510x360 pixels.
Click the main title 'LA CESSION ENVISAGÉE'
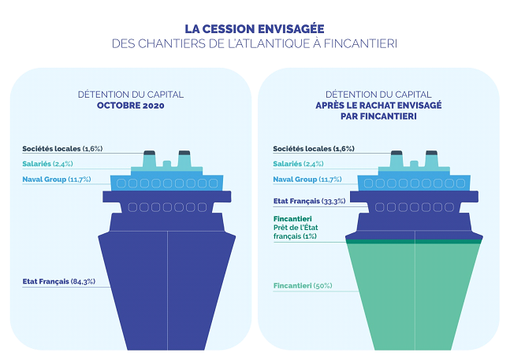[x=254, y=28]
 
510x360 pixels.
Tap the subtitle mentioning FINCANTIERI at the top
[x=254, y=44]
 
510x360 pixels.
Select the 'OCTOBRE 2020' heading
[x=130, y=105]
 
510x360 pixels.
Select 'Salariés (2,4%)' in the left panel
[x=47, y=164]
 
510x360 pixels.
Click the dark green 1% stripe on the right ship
[x=414, y=242]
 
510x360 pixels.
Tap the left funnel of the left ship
[x=149, y=159]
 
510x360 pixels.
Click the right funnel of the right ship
[x=431, y=159]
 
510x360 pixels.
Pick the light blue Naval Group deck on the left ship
[x=167, y=183]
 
